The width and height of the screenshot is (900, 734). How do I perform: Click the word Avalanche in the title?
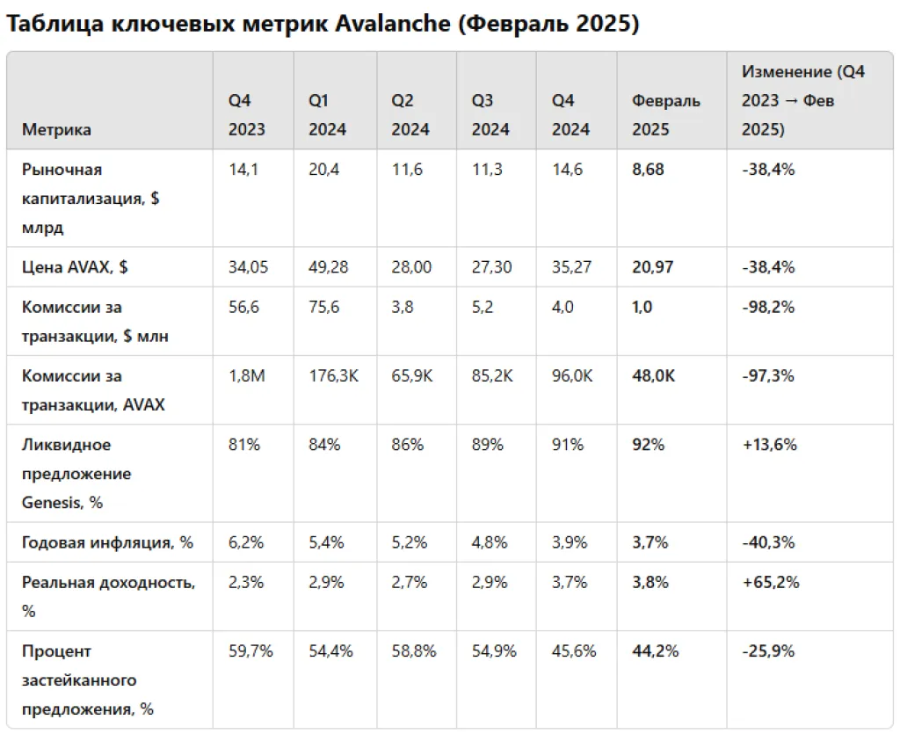point(393,24)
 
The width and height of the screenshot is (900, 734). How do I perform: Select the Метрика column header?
point(56,129)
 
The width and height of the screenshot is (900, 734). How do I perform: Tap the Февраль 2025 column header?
point(665,115)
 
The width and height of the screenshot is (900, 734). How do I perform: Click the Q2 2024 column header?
point(410,115)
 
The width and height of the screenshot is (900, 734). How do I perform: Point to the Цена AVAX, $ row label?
point(75,266)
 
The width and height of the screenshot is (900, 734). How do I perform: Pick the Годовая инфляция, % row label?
point(107,542)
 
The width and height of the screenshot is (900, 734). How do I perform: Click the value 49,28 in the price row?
point(328,266)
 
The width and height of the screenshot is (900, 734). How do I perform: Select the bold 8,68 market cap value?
point(648,170)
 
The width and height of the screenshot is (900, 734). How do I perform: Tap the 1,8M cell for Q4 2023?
point(246,375)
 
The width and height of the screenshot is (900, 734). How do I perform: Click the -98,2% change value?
point(768,307)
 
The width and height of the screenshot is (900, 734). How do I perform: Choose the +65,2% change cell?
point(770,583)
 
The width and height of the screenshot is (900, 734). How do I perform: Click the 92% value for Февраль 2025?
point(648,444)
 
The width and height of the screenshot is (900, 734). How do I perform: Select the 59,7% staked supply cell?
point(250,651)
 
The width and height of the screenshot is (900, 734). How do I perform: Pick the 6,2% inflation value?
point(245,542)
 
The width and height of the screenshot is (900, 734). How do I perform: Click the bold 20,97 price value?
point(652,266)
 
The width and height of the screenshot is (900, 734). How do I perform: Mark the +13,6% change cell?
point(769,444)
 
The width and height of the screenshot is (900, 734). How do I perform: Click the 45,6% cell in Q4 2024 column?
point(574,651)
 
